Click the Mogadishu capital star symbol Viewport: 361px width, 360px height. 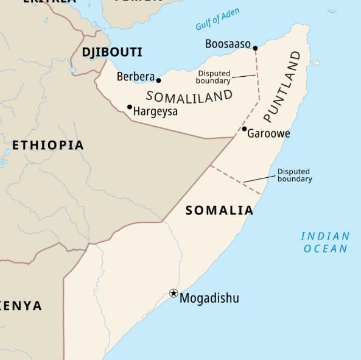tap(173, 294)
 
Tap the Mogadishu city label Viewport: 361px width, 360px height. tap(209, 298)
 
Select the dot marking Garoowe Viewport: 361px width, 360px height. tap(244, 129)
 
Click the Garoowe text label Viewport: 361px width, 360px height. tap(268, 133)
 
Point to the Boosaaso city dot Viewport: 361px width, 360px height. tap(256, 48)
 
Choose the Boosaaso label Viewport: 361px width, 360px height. tap(228, 43)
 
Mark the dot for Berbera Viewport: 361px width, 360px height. tap(159, 80)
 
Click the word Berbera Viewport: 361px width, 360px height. tap(135, 76)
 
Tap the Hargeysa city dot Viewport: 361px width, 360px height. tap(130, 107)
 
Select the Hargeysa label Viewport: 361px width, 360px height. tap(155, 111)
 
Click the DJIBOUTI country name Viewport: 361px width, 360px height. tap(112, 52)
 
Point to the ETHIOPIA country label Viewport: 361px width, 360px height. tap(48, 145)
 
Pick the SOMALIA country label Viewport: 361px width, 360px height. tap(219, 210)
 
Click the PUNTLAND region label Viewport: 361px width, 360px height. tap(282, 86)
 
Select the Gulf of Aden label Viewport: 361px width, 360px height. tap(217, 20)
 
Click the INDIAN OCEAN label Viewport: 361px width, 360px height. tap(326, 242)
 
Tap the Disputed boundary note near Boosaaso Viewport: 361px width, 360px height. tap(214, 77)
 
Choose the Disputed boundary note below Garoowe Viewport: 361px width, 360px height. tap(295, 175)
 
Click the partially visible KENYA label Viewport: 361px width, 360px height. tap(22, 306)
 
